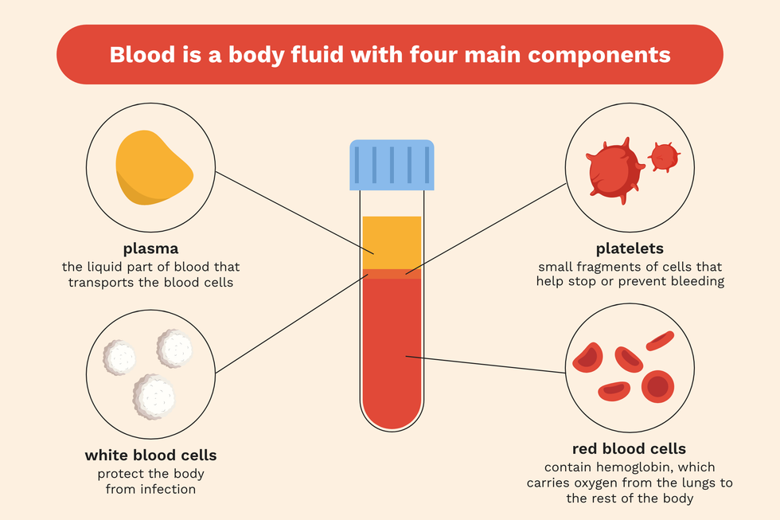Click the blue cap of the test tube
click(392, 165)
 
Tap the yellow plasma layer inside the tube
click(392, 243)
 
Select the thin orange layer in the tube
click(392, 274)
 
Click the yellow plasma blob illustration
click(153, 168)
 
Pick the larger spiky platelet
click(614, 170)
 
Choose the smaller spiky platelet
click(664, 157)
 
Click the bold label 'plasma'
click(150, 248)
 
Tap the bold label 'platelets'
click(630, 248)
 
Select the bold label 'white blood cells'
click(150, 455)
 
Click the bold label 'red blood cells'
click(630, 448)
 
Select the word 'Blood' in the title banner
click(142, 54)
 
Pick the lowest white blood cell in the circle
click(154, 397)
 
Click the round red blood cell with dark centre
click(657, 386)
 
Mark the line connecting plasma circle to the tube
click(294, 213)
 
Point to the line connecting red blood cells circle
click(486, 364)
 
